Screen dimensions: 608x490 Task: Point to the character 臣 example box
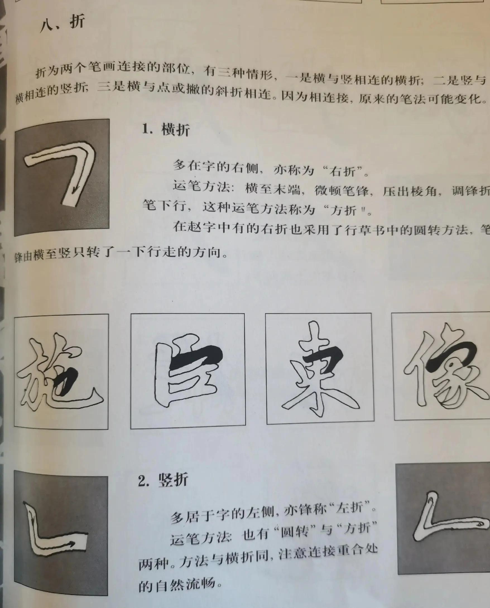pyautogui.click(x=188, y=371)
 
